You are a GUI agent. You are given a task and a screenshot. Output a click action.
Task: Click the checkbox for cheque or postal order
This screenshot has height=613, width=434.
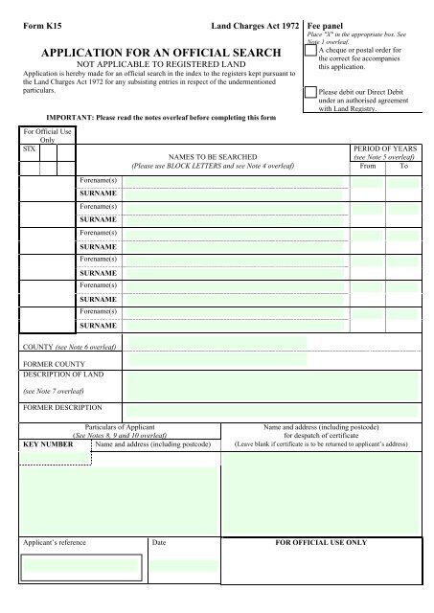click(309, 54)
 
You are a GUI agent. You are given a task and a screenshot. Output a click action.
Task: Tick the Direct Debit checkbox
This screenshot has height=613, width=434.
click(309, 93)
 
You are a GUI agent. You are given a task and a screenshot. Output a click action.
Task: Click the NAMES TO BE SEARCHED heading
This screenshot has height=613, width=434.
click(205, 153)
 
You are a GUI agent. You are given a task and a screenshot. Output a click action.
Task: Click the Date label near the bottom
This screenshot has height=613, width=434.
click(159, 543)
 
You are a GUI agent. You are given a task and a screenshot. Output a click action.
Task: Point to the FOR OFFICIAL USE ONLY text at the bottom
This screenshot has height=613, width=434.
click(321, 543)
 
